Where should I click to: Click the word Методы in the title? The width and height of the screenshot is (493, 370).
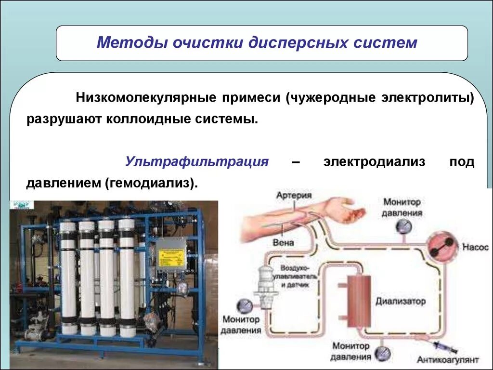126,42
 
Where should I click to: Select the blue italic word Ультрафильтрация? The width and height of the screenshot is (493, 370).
196,161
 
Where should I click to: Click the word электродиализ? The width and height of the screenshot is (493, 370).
374,161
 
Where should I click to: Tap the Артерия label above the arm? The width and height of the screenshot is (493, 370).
294,196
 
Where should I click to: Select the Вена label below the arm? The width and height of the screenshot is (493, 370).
283,242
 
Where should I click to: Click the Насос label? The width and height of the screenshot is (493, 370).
476,247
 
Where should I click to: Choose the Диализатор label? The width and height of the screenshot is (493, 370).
401,302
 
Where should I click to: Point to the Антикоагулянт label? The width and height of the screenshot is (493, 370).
448,360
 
